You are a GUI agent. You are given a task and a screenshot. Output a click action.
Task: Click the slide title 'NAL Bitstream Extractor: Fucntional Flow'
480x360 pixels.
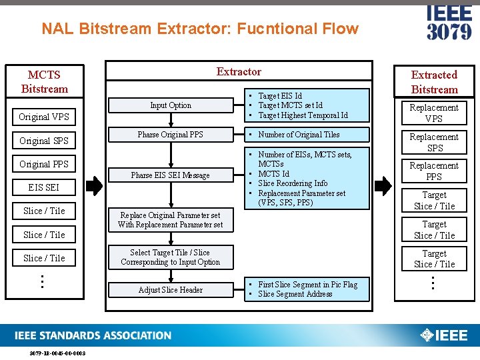[200, 29]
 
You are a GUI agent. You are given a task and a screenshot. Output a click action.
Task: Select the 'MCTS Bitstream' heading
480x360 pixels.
[45, 82]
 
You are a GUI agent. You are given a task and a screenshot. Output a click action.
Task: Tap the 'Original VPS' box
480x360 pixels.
[44, 117]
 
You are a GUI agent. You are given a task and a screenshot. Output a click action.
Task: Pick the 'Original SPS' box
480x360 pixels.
[44, 141]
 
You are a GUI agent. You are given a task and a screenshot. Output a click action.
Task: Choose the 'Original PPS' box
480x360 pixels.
[44, 164]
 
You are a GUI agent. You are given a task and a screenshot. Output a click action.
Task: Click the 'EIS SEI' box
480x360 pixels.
[44, 187]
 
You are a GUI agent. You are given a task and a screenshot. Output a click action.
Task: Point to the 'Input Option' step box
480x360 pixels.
[171, 105]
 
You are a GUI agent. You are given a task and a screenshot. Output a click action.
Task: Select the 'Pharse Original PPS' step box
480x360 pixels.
[171, 135]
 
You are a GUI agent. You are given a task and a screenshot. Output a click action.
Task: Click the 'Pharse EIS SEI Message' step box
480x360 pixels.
[171, 175]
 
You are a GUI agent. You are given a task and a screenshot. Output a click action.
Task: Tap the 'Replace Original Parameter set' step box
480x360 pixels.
[171, 220]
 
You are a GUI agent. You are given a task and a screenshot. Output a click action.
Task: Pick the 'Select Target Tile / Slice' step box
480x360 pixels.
[171, 257]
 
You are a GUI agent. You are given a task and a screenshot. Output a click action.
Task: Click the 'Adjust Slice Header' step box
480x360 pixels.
[171, 290]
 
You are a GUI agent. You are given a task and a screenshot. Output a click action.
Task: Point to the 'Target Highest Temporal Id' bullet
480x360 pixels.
[303, 115]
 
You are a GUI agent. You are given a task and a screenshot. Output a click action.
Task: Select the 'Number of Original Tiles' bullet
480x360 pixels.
[299, 135]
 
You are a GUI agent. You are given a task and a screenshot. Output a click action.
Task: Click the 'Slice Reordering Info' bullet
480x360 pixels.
[293, 183]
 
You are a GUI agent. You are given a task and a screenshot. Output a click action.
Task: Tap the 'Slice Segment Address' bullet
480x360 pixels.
[295, 294]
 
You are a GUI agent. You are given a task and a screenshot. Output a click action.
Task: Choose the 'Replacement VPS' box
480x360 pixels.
[434, 113]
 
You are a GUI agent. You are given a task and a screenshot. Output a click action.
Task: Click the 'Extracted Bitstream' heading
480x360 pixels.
[434, 82]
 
